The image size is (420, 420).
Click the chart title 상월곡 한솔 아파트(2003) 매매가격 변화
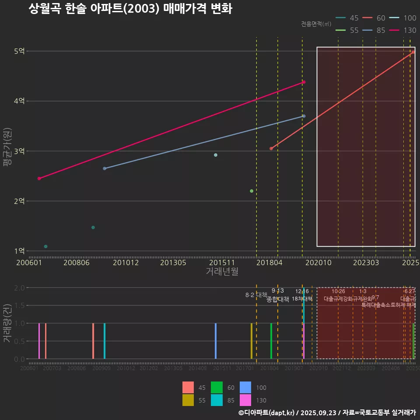(130, 9)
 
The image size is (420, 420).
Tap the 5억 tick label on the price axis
(19, 51)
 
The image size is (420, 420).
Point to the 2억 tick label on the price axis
(19, 201)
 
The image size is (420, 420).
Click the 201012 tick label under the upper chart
(126, 262)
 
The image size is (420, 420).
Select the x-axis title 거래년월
(222, 272)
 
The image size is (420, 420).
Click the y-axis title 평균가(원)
(7, 151)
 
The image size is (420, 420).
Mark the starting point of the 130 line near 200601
(39, 178)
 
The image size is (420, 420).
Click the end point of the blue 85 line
(304, 116)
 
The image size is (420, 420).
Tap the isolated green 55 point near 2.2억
(251, 191)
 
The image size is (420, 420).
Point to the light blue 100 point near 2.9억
(215, 155)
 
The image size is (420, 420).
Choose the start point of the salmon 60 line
(271, 149)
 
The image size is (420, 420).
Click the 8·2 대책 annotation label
(256, 295)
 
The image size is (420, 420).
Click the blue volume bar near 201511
(216, 341)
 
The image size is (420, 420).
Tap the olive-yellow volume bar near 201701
(251, 341)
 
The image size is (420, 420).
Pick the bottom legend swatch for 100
(245, 388)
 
